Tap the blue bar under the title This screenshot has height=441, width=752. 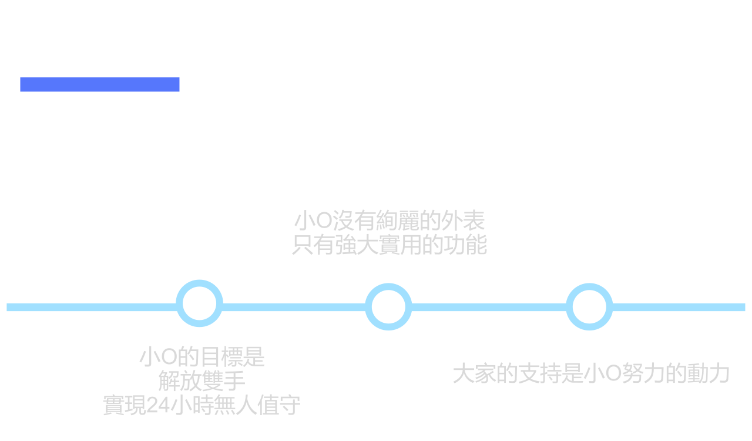coord(100,85)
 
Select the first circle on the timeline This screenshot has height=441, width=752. coord(200,303)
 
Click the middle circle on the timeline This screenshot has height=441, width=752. coord(388,306)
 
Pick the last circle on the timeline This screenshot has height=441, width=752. coord(589,306)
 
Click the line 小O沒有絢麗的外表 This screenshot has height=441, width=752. coord(390,221)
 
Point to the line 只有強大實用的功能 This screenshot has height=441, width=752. coord(390,245)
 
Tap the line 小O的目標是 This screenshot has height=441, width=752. coord(202,357)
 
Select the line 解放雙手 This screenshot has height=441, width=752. coord(202,381)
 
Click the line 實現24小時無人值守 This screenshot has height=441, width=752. coord(202,405)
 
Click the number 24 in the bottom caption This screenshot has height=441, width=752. coord(158,406)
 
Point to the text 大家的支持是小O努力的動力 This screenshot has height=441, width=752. coord(591,373)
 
